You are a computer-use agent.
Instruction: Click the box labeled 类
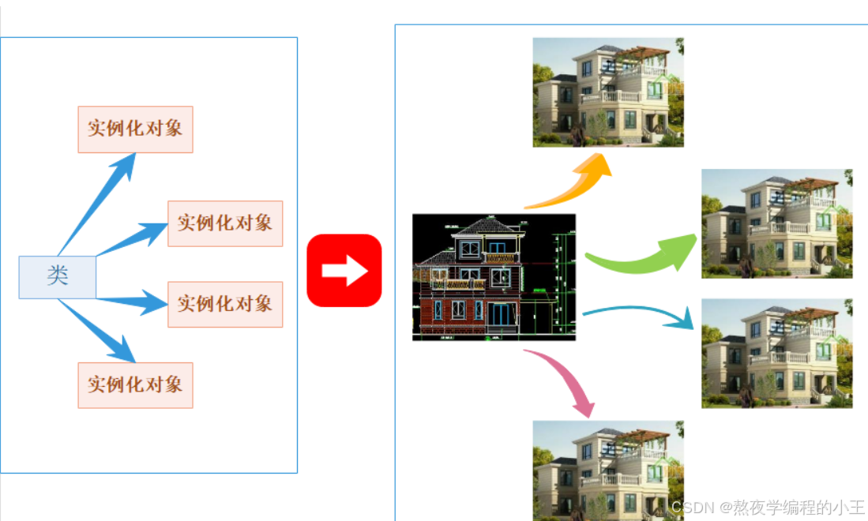58,277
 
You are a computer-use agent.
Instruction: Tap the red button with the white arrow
344,270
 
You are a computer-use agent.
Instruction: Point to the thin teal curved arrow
640,313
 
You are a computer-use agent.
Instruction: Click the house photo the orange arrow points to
608,92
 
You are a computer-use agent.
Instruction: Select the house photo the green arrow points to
777,223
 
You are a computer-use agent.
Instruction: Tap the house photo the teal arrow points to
777,353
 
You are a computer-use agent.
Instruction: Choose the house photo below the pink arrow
608,470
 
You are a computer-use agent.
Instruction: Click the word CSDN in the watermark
689,506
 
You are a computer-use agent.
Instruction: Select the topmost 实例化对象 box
135,129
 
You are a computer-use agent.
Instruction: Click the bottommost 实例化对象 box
135,385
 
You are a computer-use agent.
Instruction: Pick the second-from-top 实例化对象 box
225,223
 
